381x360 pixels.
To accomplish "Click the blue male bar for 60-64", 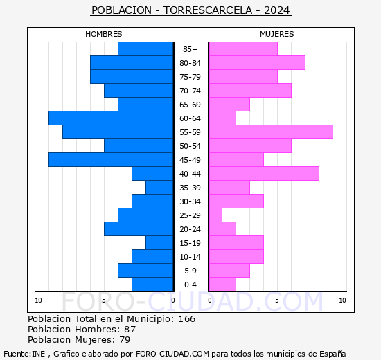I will pos(111,118).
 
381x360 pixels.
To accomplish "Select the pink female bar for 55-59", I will pos(270,132).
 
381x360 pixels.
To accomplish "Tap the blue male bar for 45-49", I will pos(111,160).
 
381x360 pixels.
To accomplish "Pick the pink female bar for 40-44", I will pos(263,174).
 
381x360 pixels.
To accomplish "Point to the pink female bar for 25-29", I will pos(215,215).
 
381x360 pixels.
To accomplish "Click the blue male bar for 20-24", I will pos(139,229).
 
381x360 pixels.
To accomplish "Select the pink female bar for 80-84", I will pos(256,63).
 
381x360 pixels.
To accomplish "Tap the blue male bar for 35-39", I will pos(159,188).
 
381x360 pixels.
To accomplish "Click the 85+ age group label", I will pos(190,49).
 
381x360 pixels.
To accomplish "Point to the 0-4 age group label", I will pos(190,285).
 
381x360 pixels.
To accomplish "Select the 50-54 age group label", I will pos(190,146).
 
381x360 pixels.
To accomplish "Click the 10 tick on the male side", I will pos(39,300).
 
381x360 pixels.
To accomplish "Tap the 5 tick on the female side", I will pos(276,300).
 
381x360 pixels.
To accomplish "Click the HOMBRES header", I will pos(104,34).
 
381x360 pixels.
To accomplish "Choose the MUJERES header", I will pos(276,34).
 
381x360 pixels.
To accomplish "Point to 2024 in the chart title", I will pos(277,10).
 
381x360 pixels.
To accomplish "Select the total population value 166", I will pos(186,319).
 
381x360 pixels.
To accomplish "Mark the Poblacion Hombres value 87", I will pos(130,330).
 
